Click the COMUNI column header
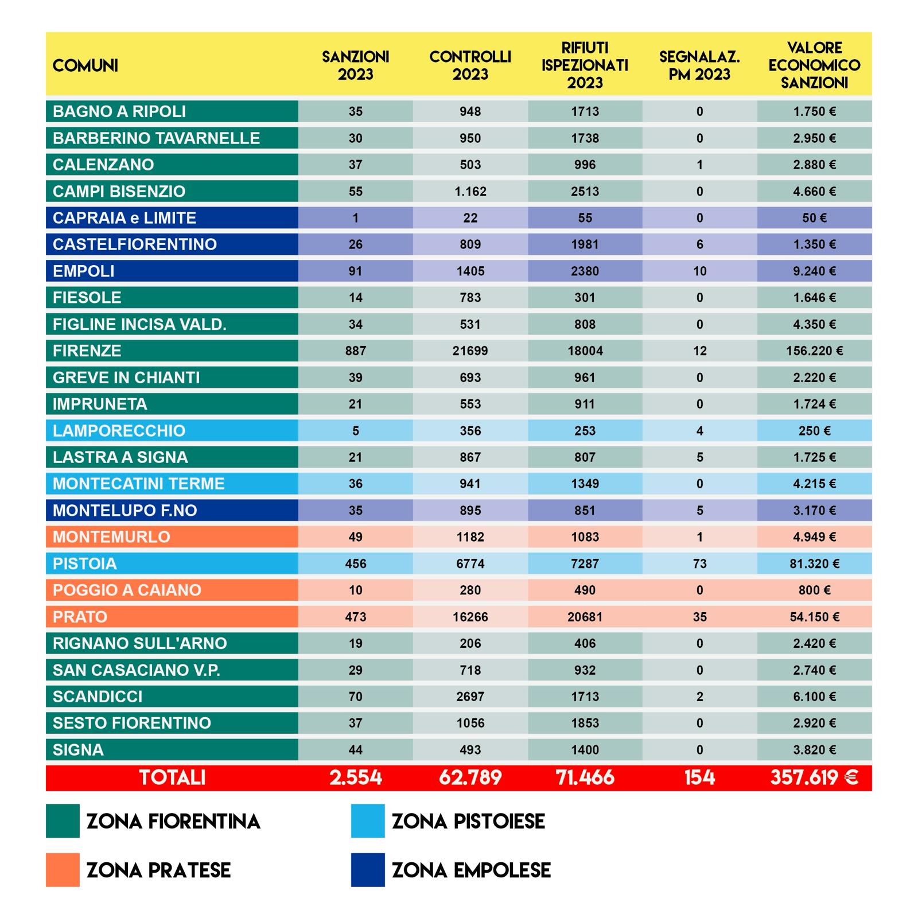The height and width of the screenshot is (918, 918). pos(85,65)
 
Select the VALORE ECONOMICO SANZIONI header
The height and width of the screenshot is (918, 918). pos(814,65)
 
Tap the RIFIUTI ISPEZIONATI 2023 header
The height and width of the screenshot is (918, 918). pos(585,65)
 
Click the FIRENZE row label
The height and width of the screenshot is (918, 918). pos(87,351)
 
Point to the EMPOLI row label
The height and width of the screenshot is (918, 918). pos(84,271)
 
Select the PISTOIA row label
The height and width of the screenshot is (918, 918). pos(85,563)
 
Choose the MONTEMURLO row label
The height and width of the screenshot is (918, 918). pos(111,537)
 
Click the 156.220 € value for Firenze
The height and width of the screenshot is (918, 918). pos(814,351)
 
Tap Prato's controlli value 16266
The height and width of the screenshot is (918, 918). pos(470,617)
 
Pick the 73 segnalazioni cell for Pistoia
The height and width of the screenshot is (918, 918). pos(699,563)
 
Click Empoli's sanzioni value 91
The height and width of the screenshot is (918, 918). pos(355,271)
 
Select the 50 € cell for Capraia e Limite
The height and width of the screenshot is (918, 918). pos(814,218)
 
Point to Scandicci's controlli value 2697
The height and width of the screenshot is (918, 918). pos(470,697)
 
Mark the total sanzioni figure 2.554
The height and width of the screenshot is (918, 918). pos(355,777)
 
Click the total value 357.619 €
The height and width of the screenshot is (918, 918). pos(814,777)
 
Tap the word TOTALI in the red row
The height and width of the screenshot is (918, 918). pos(172,777)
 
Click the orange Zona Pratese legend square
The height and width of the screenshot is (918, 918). pos(63,870)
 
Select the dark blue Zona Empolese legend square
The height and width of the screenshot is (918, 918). pos(368,870)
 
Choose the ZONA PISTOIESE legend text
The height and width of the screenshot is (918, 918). pos(468,821)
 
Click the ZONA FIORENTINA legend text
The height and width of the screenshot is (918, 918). pos(173,821)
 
